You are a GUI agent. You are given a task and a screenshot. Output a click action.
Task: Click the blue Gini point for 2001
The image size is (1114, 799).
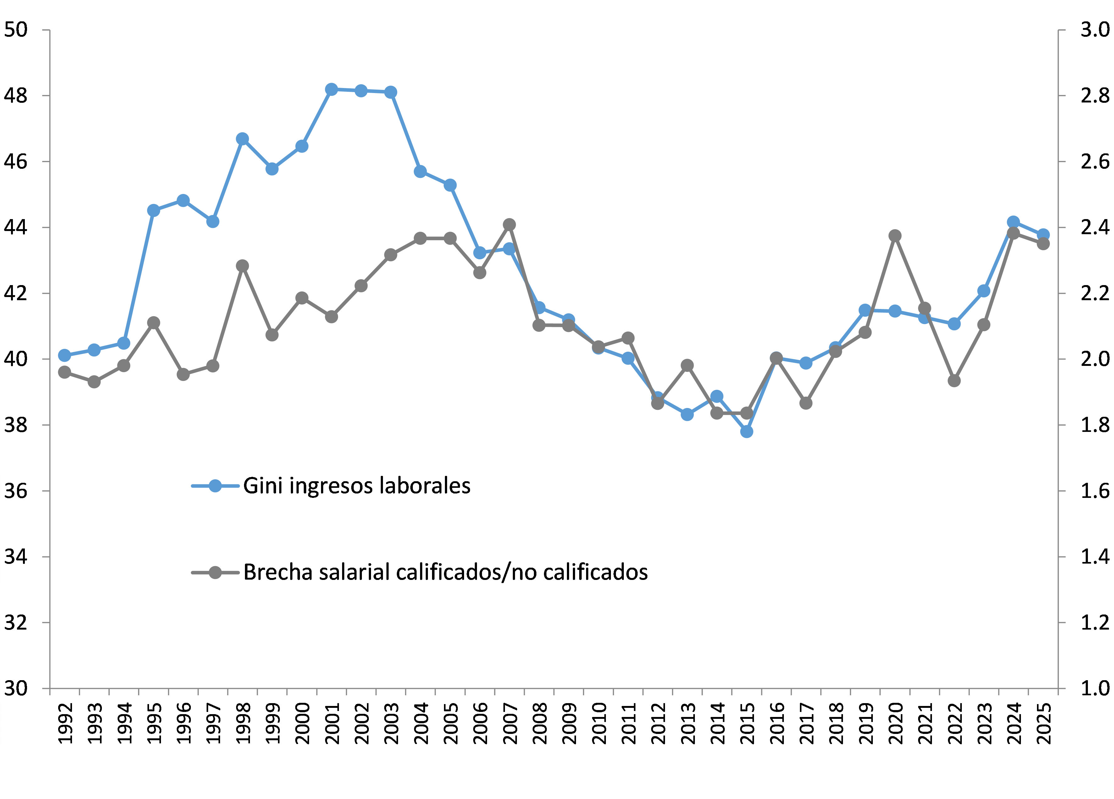click(x=331, y=89)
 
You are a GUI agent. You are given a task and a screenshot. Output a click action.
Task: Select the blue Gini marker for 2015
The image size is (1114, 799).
click(x=746, y=432)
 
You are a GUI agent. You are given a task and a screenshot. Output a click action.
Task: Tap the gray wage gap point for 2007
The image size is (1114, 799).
click(x=509, y=224)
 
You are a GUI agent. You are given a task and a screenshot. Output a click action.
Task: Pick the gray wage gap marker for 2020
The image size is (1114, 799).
click(x=895, y=236)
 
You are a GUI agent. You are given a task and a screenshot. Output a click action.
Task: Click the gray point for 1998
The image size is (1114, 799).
click(x=242, y=266)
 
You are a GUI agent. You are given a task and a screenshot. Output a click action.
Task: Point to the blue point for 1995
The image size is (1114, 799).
click(x=153, y=210)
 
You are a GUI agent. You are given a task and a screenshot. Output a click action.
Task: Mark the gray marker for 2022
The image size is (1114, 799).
click(x=954, y=381)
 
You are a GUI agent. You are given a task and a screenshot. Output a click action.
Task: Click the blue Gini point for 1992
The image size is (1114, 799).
click(x=64, y=355)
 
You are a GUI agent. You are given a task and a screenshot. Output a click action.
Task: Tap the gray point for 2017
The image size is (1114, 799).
click(x=806, y=403)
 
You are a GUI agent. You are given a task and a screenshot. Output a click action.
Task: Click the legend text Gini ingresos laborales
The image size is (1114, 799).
click(x=357, y=486)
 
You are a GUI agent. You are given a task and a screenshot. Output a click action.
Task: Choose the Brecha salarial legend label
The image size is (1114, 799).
click(x=445, y=572)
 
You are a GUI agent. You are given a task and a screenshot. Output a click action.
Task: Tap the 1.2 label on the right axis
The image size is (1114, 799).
click(x=1095, y=623)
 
